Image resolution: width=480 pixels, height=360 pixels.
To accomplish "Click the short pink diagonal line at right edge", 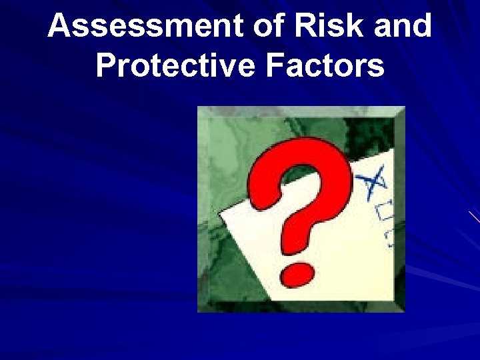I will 474,217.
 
